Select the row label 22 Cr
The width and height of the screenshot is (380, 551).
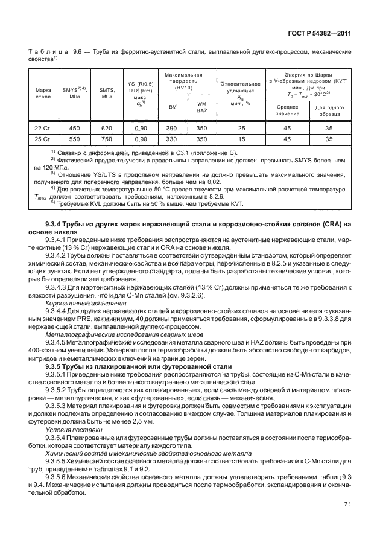[x=43, y=129]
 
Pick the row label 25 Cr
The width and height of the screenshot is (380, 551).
[x=43, y=139]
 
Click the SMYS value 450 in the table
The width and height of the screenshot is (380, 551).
[x=75, y=129]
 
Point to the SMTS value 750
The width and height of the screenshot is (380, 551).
[x=107, y=139]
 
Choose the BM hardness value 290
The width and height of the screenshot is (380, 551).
[x=171, y=129]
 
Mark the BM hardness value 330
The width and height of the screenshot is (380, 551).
[x=171, y=139]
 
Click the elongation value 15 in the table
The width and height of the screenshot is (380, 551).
[x=241, y=139]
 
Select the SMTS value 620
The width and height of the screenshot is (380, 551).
[x=107, y=129]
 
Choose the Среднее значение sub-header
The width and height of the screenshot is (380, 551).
[x=288, y=110]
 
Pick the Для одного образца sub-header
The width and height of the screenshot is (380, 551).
[x=329, y=110]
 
